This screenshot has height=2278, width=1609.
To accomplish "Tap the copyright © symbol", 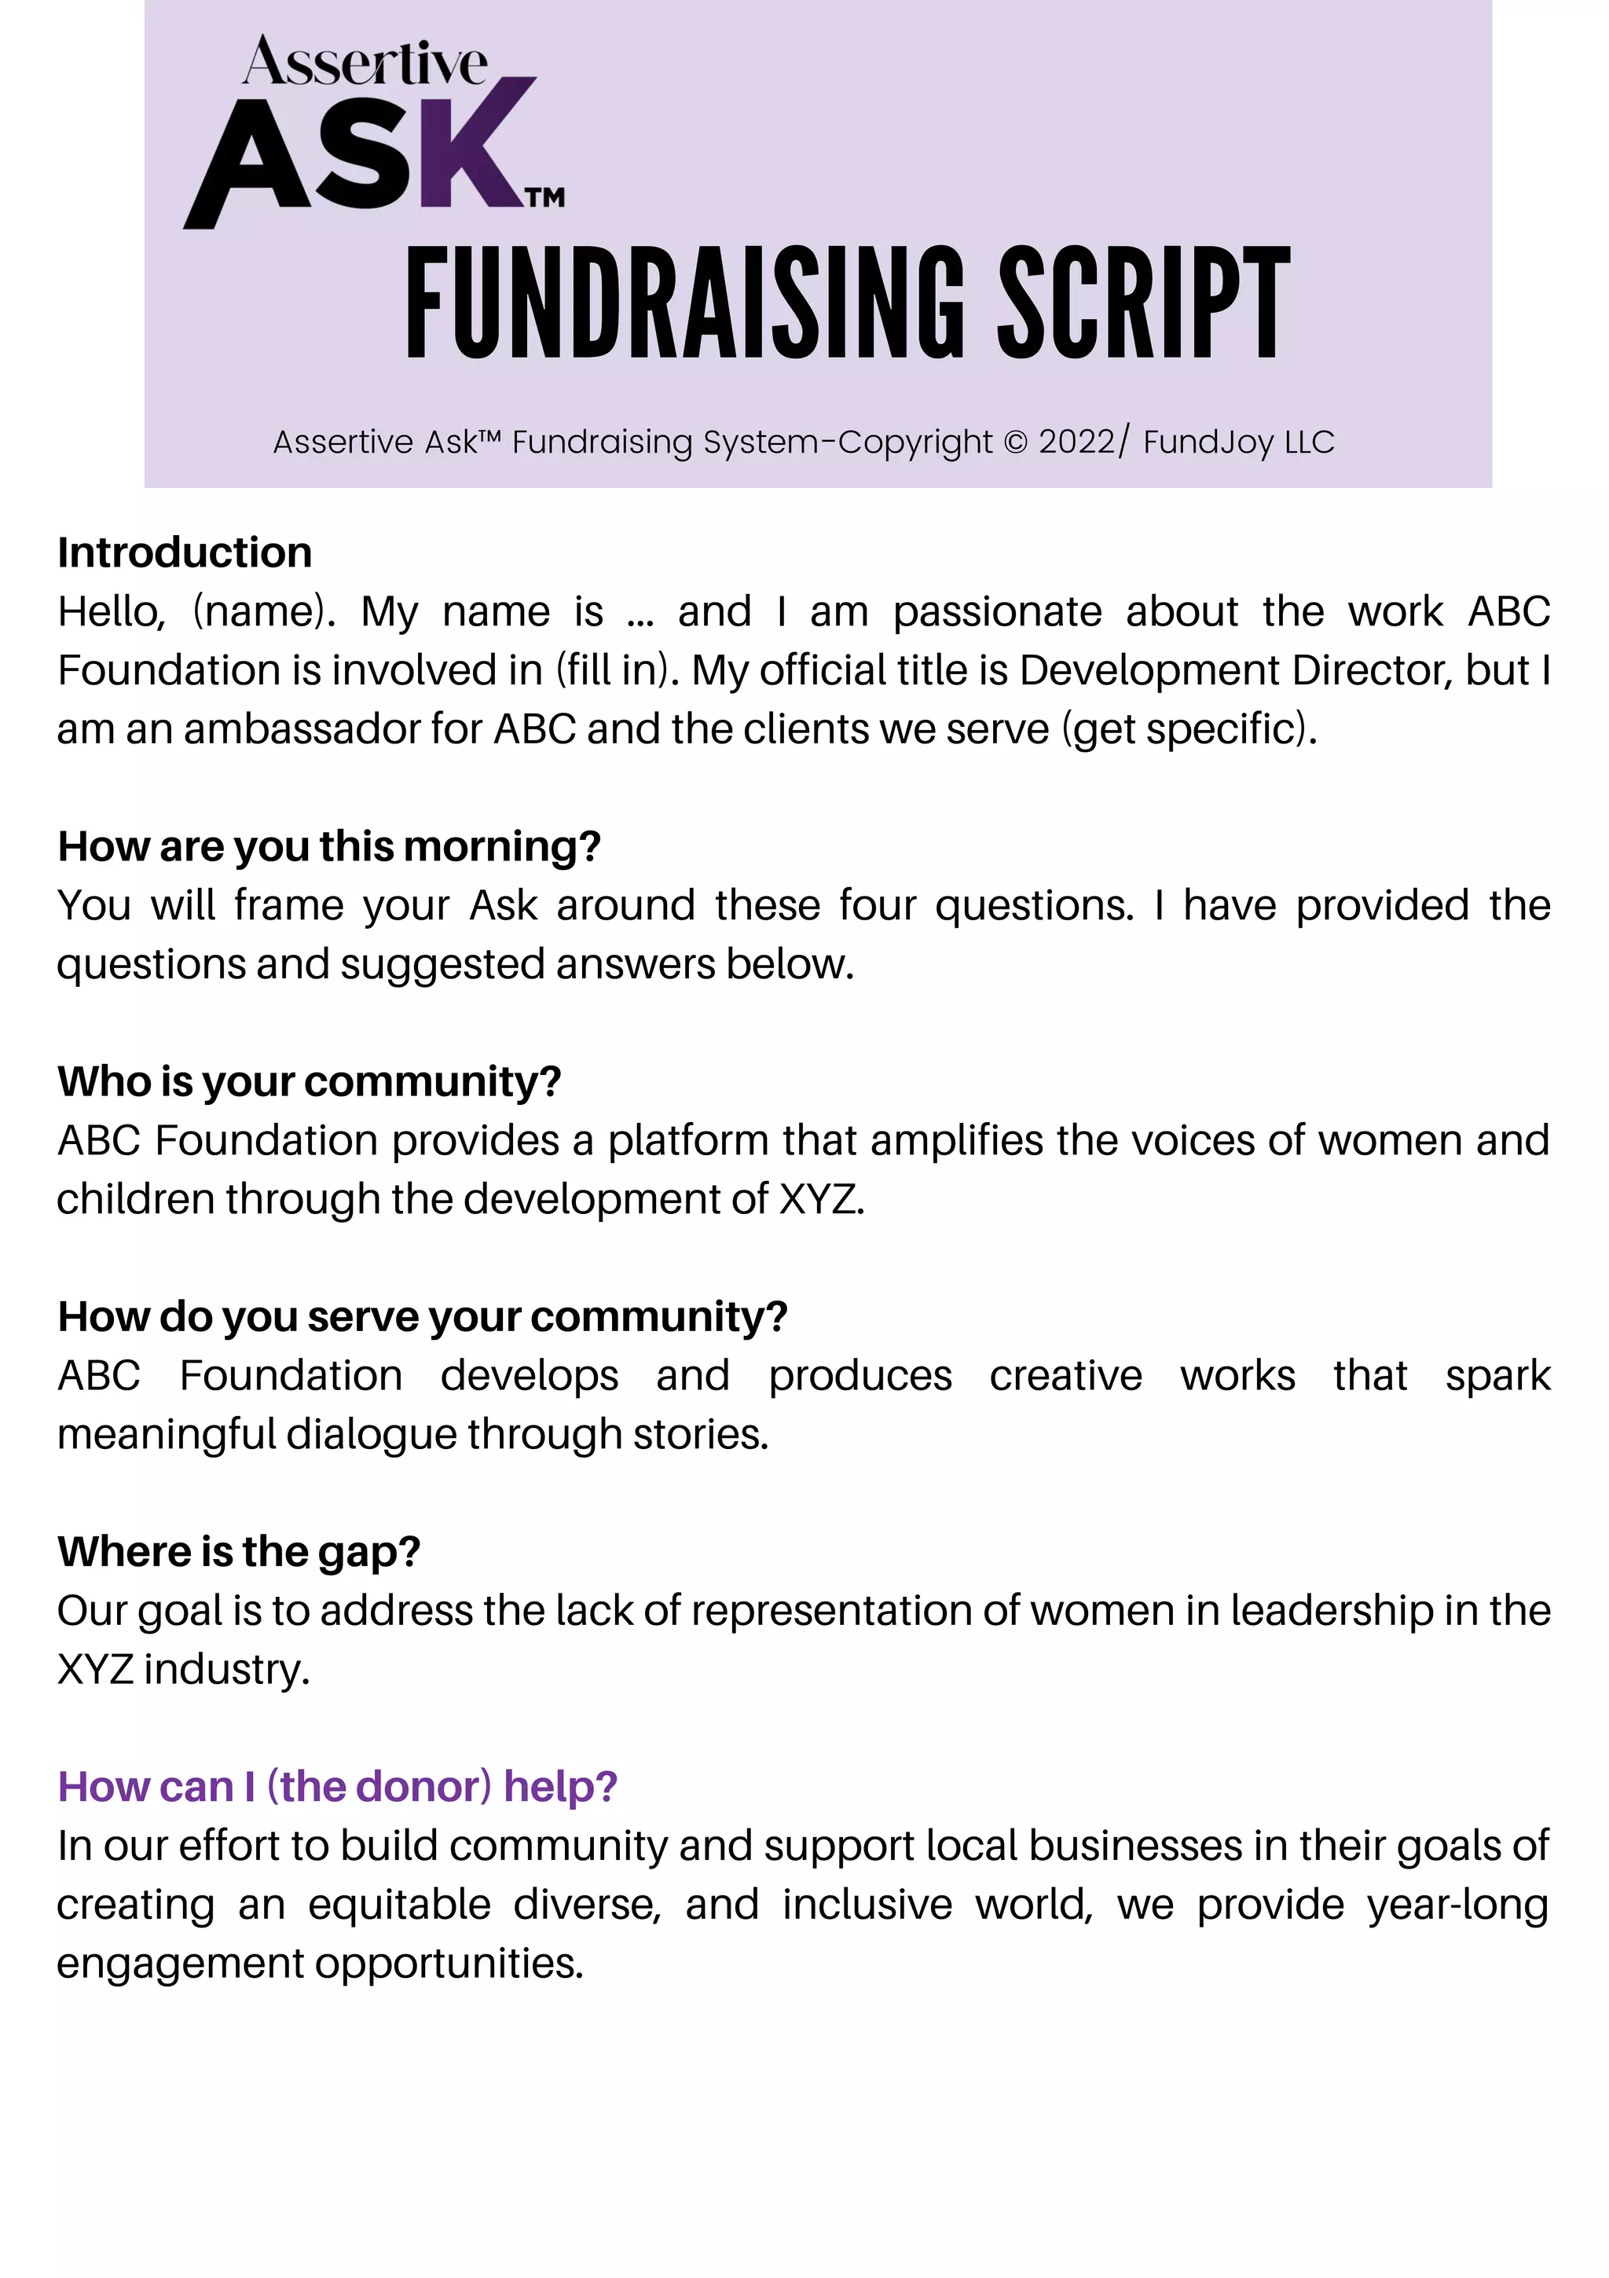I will tap(1015, 442).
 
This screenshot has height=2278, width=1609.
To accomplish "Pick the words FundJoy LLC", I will tap(1238, 442).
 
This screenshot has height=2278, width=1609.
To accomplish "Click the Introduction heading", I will tap(185, 552).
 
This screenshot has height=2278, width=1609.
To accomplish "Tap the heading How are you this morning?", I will tap(329, 846).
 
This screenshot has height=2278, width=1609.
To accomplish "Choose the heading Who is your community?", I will tap(310, 1081).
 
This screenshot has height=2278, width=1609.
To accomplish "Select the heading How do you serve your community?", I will tap(423, 1317).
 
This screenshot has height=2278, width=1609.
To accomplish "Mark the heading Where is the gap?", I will tap(239, 1552).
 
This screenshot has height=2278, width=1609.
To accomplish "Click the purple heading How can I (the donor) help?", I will tap(337, 1787).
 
